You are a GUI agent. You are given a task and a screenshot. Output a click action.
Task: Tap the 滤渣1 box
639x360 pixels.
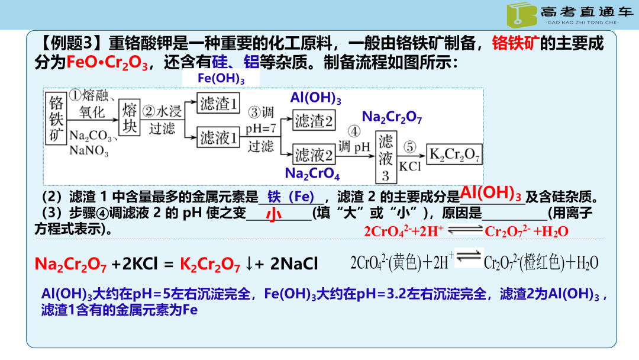(220, 105)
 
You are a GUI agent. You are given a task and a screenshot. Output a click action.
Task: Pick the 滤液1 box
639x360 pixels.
(220, 139)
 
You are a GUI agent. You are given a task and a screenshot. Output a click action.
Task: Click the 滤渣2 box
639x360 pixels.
(314, 121)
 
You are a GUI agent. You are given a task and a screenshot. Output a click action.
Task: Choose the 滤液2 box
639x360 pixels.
(314, 155)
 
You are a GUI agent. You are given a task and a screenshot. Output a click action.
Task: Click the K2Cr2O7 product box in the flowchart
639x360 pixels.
(454, 155)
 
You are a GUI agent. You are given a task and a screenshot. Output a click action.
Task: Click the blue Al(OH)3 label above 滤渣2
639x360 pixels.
(315, 98)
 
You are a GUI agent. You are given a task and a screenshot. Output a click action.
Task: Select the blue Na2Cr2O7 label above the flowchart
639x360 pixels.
(392, 117)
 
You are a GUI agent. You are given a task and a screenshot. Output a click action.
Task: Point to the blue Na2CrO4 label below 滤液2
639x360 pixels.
(312, 173)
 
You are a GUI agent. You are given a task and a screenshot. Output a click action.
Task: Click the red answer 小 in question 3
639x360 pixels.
(273, 214)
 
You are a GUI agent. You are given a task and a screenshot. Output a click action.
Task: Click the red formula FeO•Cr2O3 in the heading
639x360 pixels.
(107, 62)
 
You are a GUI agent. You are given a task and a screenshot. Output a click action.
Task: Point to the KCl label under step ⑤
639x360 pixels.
(409, 167)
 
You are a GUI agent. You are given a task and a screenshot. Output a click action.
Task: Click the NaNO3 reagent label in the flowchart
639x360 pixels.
(89, 152)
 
